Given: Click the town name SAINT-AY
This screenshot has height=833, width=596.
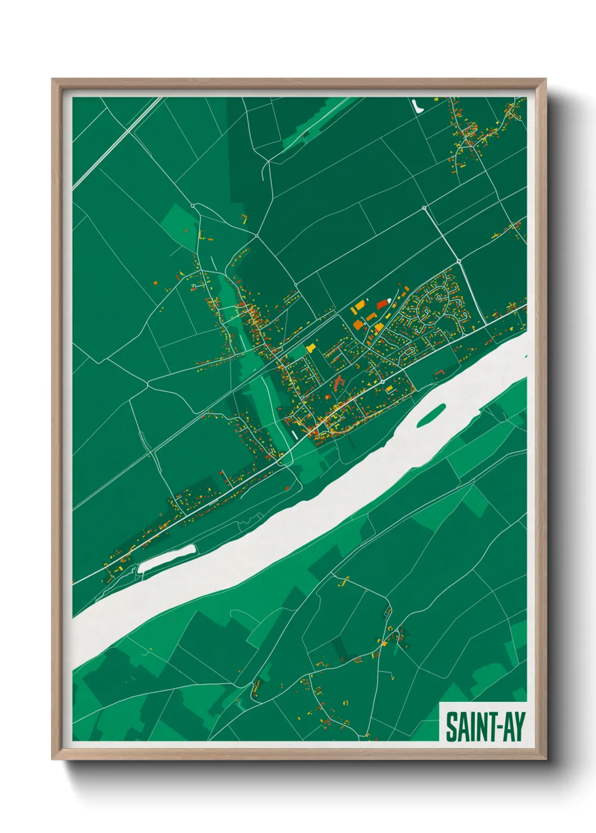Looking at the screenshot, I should pos(484,727).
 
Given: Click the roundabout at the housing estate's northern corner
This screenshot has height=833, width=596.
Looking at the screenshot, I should pos(459,262).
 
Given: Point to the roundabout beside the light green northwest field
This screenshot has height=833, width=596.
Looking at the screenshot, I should pos(193,206).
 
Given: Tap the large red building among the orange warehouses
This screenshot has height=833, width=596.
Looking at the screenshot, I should pos(382,304).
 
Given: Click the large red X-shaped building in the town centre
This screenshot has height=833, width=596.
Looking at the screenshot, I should pos(339,383).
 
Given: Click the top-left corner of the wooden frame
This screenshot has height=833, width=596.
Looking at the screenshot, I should pos(52,80).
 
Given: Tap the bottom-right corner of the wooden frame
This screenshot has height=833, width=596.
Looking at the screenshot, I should pos(545,759).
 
